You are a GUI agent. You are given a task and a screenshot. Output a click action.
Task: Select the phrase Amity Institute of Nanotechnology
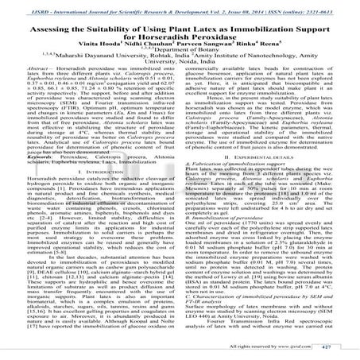pos(263,63)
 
